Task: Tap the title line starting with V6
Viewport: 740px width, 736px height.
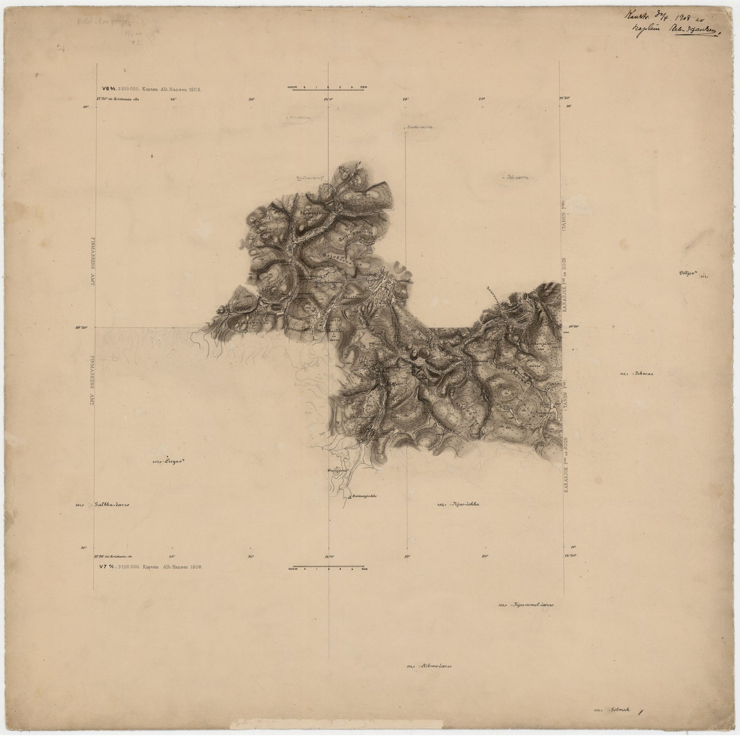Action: [x=152, y=89]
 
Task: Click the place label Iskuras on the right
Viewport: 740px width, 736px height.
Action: [x=643, y=373]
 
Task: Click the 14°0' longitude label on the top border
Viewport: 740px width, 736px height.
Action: [x=328, y=99]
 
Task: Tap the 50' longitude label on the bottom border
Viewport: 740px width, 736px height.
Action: [x=251, y=557]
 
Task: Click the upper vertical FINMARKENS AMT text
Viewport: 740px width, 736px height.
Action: [x=93, y=261]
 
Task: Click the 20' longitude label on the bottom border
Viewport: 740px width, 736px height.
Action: [x=484, y=557]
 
